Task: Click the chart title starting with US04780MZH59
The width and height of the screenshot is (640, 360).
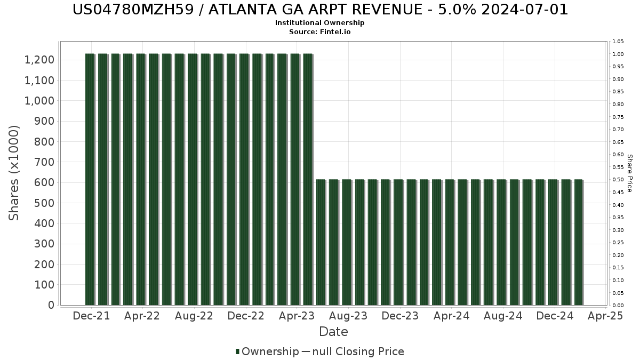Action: click(x=320, y=10)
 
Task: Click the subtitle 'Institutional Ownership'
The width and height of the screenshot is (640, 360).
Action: click(x=320, y=23)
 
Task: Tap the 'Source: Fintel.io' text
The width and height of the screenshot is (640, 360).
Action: click(x=320, y=32)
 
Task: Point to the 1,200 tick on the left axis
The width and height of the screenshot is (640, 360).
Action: click(x=39, y=60)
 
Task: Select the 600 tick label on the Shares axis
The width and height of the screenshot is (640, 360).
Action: click(x=44, y=182)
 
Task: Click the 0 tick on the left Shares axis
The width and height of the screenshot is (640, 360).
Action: click(x=51, y=305)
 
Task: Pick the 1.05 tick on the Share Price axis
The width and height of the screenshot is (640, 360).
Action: click(x=619, y=42)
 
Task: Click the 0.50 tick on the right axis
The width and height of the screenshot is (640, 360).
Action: click(x=619, y=180)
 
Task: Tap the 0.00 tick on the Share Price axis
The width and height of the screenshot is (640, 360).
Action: click(x=619, y=306)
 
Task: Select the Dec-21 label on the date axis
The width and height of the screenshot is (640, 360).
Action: click(x=91, y=316)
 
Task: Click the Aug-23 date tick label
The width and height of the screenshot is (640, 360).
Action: click(x=348, y=316)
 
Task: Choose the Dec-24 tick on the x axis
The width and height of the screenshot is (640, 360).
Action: click(x=555, y=316)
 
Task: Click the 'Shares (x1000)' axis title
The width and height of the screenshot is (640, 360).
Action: click(x=14, y=173)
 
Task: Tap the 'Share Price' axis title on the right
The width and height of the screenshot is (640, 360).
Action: click(x=629, y=173)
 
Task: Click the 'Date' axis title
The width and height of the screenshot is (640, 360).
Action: click(x=333, y=332)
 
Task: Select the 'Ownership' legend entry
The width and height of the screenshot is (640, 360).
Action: click(x=269, y=351)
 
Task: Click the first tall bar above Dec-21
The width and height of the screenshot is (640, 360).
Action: click(x=90, y=179)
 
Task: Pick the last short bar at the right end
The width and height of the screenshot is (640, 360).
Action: click(x=578, y=243)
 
